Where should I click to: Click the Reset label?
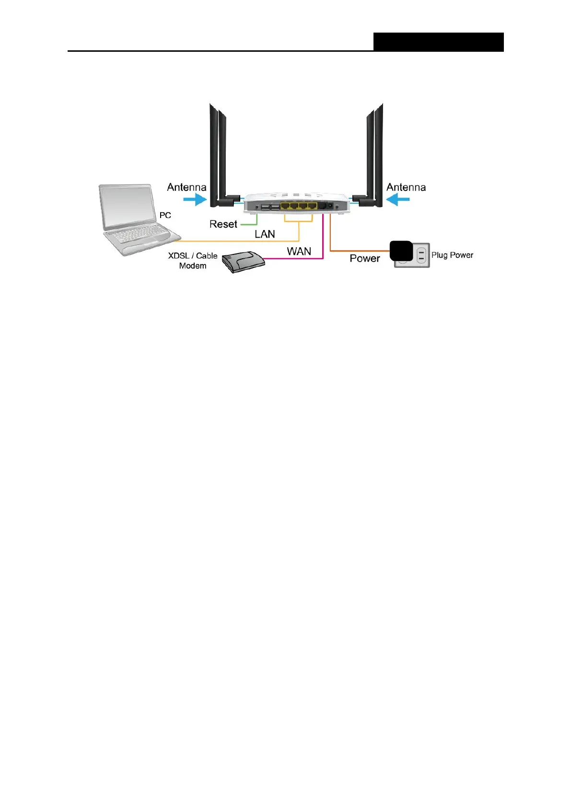[223, 224]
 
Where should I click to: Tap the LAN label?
[265, 234]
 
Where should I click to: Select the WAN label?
[299, 251]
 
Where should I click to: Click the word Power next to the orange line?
[364, 259]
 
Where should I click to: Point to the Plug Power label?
[452, 255]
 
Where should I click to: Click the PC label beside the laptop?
[165, 216]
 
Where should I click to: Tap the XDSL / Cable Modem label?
[193, 261]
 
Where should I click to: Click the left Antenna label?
[186, 187]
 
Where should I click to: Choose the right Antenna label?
[406, 187]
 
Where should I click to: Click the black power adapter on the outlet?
[401, 251]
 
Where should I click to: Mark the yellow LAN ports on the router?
[299, 207]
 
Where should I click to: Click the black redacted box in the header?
[438, 42]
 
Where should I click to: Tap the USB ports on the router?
[270, 207]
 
